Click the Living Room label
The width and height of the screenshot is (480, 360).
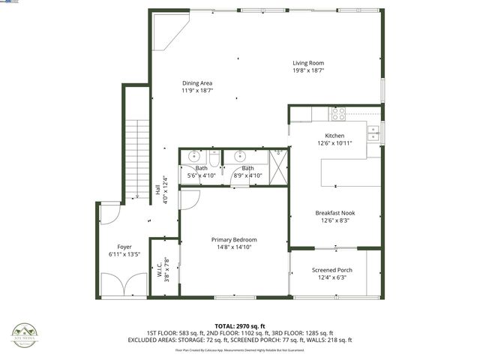(308, 63)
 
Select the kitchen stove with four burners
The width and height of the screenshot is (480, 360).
(338, 114)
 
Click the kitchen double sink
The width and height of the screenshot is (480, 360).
(373, 133)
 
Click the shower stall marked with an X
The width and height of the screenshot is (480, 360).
(278, 163)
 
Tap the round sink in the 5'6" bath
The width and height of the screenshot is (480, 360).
(194, 157)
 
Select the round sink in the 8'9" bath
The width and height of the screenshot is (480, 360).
(240, 157)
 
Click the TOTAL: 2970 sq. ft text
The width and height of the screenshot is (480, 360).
(240, 326)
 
